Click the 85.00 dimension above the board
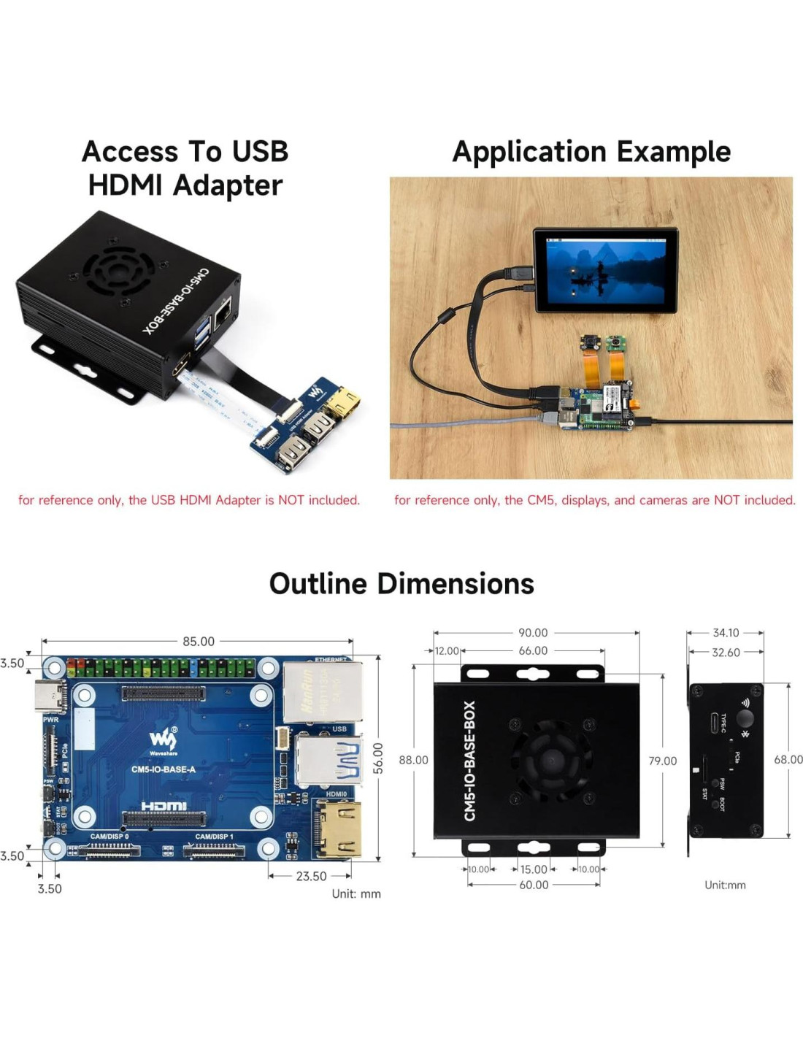click(x=199, y=642)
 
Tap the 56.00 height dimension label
click(x=377, y=758)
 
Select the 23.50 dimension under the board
click(x=311, y=876)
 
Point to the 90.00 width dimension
click(x=533, y=633)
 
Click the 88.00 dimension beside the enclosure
click(x=413, y=760)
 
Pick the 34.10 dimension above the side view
click(x=726, y=633)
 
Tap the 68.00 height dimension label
click(x=788, y=760)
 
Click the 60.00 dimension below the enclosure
click(x=534, y=885)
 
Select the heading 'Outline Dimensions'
click(x=401, y=584)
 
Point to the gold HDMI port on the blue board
click(x=338, y=829)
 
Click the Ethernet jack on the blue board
click(x=322, y=691)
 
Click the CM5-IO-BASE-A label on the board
click(x=164, y=769)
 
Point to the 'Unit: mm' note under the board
click(x=356, y=893)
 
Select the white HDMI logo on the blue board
click(x=164, y=806)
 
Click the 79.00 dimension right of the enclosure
click(x=662, y=761)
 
